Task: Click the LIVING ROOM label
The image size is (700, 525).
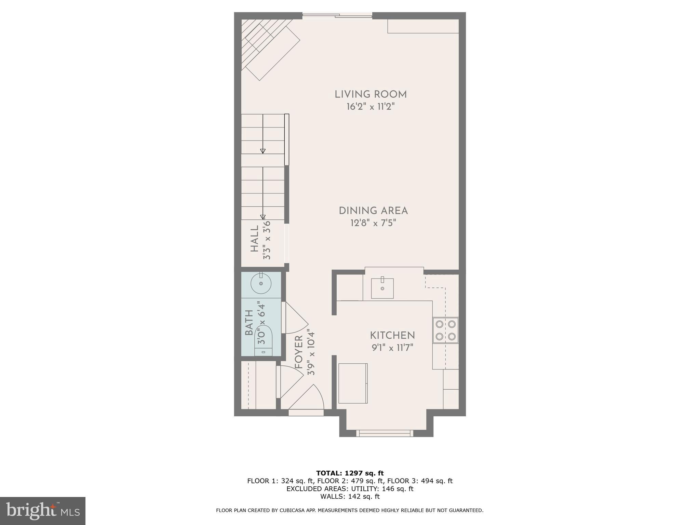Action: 371,94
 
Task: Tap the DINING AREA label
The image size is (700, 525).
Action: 373,211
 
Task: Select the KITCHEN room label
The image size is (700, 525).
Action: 392,335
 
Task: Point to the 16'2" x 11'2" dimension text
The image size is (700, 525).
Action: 371,107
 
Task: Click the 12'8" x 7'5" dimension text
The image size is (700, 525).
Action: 373,223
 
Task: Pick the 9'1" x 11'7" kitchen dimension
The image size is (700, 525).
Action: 392,348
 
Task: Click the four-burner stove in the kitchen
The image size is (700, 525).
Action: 445,330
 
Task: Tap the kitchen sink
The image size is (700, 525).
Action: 382,288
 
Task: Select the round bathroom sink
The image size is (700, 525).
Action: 261,283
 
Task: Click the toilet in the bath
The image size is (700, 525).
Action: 263,340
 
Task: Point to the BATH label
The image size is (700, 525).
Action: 249,323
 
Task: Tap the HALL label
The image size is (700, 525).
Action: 255,239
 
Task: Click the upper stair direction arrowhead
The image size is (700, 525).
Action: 263,151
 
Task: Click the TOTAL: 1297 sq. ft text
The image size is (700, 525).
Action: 350,473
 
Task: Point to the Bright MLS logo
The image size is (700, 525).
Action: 42,511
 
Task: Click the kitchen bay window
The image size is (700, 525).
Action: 385,433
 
